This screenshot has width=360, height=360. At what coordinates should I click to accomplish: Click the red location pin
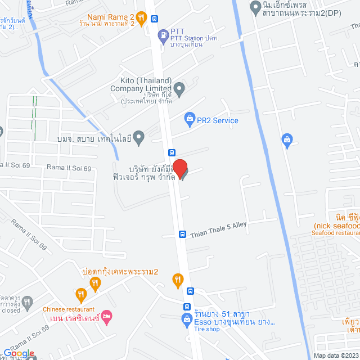pyautogui.click(x=179, y=169)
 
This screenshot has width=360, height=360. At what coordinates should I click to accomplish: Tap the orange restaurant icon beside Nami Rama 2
pyautogui.click(x=141, y=18)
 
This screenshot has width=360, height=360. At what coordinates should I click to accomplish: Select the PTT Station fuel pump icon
pyautogui.click(x=163, y=34)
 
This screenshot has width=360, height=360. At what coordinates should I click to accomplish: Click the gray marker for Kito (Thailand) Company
pyautogui.click(x=179, y=88)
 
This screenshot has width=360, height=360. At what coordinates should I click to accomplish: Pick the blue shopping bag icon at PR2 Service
pyautogui.click(x=189, y=120)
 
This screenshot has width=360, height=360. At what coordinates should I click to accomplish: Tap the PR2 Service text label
pyautogui.click(x=217, y=120)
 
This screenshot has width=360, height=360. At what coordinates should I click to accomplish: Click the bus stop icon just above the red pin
pyautogui.click(x=172, y=152)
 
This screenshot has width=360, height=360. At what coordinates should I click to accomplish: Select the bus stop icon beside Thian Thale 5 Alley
pyautogui.click(x=182, y=234)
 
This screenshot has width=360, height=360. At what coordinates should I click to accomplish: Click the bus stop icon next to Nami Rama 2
pyautogui.click(x=155, y=18)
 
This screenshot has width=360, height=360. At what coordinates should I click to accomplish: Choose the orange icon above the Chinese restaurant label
pyautogui.click(x=81, y=294)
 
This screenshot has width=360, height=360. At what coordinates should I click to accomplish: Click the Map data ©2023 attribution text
pyautogui.click(x=335, y=355)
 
